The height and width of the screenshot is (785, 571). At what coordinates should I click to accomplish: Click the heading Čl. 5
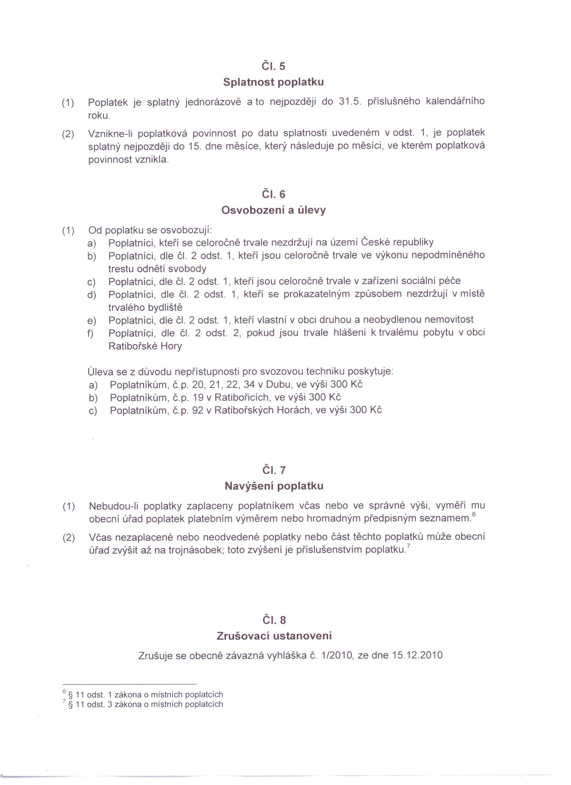pyautogui.click(x=273, y=66)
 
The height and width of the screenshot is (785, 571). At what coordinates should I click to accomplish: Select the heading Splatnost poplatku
pyautogui.click(x=273, y=82)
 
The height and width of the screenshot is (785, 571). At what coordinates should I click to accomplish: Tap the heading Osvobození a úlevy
pyautogui.click(x=273, y=210)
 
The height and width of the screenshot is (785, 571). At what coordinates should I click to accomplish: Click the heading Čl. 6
pyautogui.click(x=273, y=194)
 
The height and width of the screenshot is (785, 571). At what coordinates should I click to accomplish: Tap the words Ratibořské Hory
pyautogui.click(x=145, y=346)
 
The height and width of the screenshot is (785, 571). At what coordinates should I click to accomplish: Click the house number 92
pyautogui.click(x=197, y=411)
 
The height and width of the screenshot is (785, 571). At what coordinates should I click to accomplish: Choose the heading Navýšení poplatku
pyautogui.click(x=274, y=486)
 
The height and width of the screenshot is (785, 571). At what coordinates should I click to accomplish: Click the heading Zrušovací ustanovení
pyautogui.click(x=274, y=636)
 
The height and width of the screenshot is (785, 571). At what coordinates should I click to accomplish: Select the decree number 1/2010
pyautogui.click(x=337, y=655)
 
